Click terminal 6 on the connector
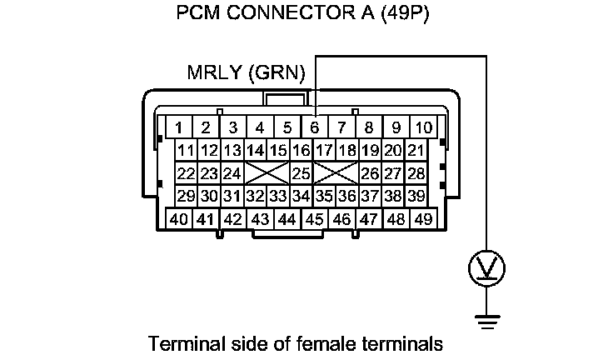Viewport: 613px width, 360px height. click(314, 127)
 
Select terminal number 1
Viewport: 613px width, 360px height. click(177, 127)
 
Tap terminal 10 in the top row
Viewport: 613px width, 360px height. click(424, 127)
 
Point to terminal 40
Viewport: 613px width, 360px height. click(177, 219)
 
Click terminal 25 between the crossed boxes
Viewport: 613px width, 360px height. click(302, 173)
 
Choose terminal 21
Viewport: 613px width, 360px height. click(416, 151)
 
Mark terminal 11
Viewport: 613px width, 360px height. click(186, 151)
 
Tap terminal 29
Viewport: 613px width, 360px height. click(186, 196)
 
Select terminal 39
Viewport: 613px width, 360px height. click(416, 196)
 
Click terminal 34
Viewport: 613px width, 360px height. click(302, 196)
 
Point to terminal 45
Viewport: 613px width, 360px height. click(314, 219)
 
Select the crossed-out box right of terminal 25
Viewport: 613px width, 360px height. click(336, 173)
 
